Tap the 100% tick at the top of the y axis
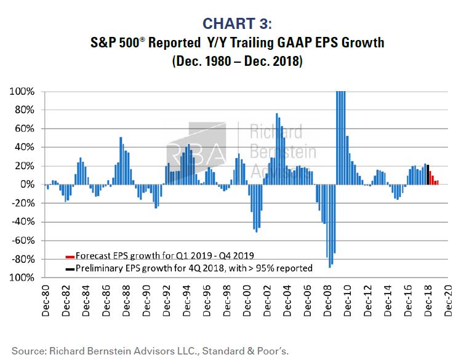pyautogui.click(x=22, y=92)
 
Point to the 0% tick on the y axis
pyautogui.click(x=28, y=185)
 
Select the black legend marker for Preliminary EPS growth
pyautogui.click(x=69, y=268)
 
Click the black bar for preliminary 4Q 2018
pyautogui.click(x=427, y=175)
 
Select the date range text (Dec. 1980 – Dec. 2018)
pyautogui.click(x=237, y=62)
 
